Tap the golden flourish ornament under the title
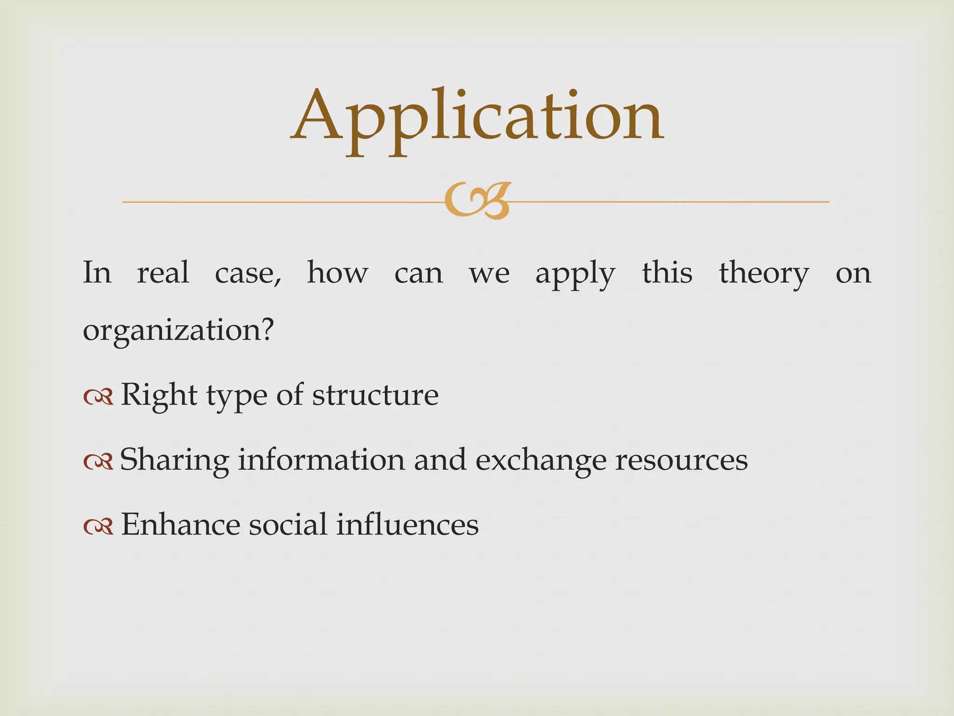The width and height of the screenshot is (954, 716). click(x=477, y=201)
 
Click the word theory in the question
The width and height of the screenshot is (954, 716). click(x=764, y=273)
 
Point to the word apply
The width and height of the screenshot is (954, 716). click(x=575, y=273)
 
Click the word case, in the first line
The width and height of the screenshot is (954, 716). click(x=248, y=273)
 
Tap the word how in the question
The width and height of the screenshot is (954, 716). click(x=338, y=273)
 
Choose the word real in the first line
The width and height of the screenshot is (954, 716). click(x=163, y=273)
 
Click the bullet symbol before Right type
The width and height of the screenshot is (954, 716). click(x=98, y=397)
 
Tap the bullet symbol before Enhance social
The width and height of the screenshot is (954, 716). click(x=98, y=526)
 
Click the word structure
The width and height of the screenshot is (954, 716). click(x=375, y=395)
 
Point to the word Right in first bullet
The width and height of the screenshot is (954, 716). click(x=159, y=395)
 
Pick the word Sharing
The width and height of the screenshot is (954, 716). click(x=175, y=460)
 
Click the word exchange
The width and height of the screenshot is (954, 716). click(x=541, y=460)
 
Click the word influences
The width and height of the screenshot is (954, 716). click(x=407, y=525)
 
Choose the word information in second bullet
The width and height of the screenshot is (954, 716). click(x=321, y=460)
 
